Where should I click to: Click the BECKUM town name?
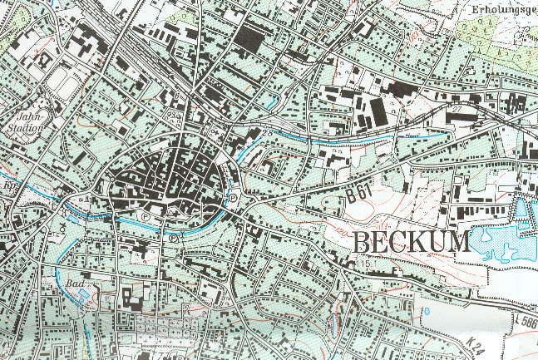[412, 242]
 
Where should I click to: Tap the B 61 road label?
[359, 195]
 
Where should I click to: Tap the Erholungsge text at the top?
[502, 10]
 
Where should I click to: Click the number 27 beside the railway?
[455, 110]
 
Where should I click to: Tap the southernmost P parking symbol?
[173, 238]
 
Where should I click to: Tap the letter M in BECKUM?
[459, 242]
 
